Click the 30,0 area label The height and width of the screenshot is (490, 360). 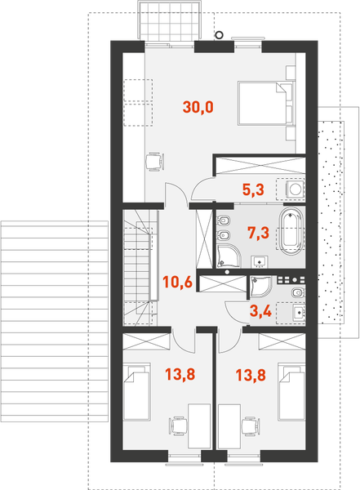pos(198,107)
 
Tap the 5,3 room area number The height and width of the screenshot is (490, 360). pos(253,189)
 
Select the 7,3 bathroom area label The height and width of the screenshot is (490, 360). pos(259,233)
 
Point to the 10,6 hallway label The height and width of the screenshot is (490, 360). pos(177,283)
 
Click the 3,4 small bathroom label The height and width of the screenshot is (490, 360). pos(260,311)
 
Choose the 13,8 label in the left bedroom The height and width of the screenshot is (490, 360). pos(180,374)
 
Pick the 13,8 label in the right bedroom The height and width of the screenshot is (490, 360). pos(251,376)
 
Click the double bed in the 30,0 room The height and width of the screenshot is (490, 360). pos(266,104)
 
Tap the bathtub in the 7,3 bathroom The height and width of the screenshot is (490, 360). pos(291,231)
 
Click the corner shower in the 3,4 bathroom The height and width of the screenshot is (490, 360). pos(260,287)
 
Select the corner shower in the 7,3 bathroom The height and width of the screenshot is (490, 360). pos(228,256)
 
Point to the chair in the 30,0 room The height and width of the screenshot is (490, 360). pos(155,161)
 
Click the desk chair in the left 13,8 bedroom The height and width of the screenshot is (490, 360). pos(179,425)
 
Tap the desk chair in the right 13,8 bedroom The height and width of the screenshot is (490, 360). pos(251,425)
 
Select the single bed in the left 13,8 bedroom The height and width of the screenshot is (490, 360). pos(137,391)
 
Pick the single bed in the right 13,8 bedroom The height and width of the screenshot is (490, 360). pos(291,391)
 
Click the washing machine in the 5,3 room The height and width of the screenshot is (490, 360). pos(295,189)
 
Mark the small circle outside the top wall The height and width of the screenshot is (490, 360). pos(220,35)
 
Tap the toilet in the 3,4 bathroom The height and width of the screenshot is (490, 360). pos(298,293)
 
